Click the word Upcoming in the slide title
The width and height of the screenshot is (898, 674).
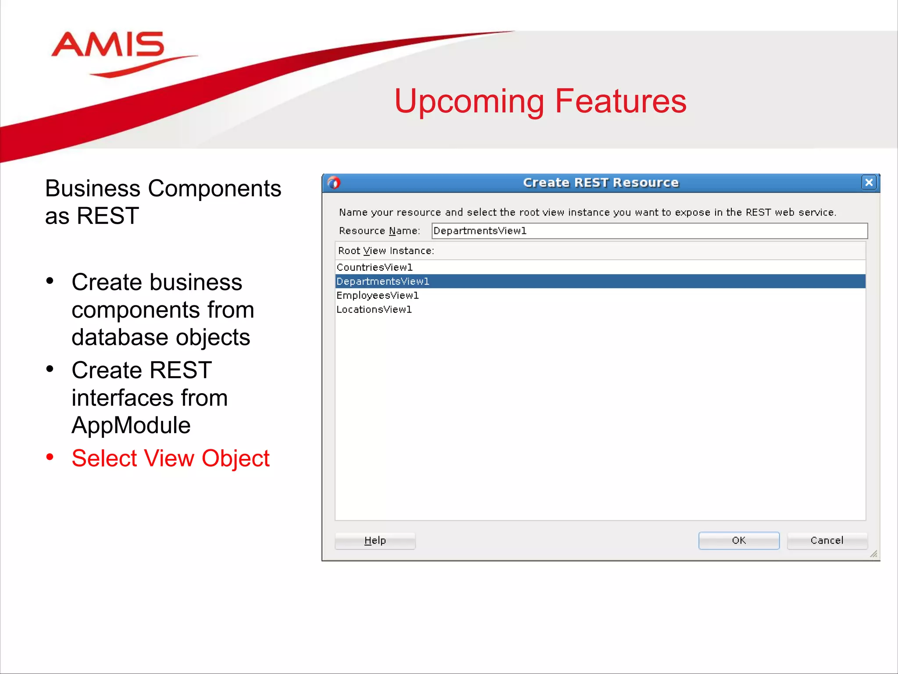[x=468, y=102]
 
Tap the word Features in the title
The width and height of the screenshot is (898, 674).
[x=620, y=101]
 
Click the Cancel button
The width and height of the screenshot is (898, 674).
[x=827, y=540]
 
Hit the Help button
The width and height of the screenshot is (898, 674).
[x=375, y=541]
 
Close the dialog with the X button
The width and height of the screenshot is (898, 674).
[x=869, y=183]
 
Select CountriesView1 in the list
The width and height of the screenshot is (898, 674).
[x=375, y=267]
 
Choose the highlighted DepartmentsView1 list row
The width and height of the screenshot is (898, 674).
[x=383, y=281]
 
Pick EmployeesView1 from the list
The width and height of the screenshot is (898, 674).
[x=378, y=295]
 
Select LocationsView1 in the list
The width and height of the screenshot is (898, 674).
[x=374, y=309]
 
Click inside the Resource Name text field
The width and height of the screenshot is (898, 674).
[x=649, y=231]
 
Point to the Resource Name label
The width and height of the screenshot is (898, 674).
[x=379, y=231]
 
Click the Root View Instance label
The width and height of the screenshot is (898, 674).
[x=386, y=251]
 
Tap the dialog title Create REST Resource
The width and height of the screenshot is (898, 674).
[x=601, y=183]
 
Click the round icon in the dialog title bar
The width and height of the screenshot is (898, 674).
[x=334, y=183]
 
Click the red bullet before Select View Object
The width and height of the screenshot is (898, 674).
[x=50, y=457]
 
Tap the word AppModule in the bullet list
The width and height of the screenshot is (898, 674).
[x=131, y=425]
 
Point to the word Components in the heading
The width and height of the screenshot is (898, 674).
[x=214, y=189]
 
